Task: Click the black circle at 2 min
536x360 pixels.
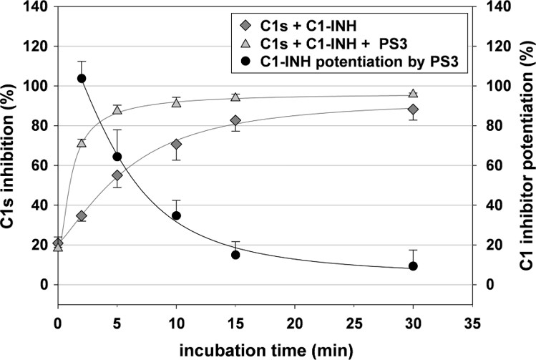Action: click(x=81, y=79)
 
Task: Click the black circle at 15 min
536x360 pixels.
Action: click(x=235, y=255)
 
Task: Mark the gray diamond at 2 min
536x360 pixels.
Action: click(x=81, y=215)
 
